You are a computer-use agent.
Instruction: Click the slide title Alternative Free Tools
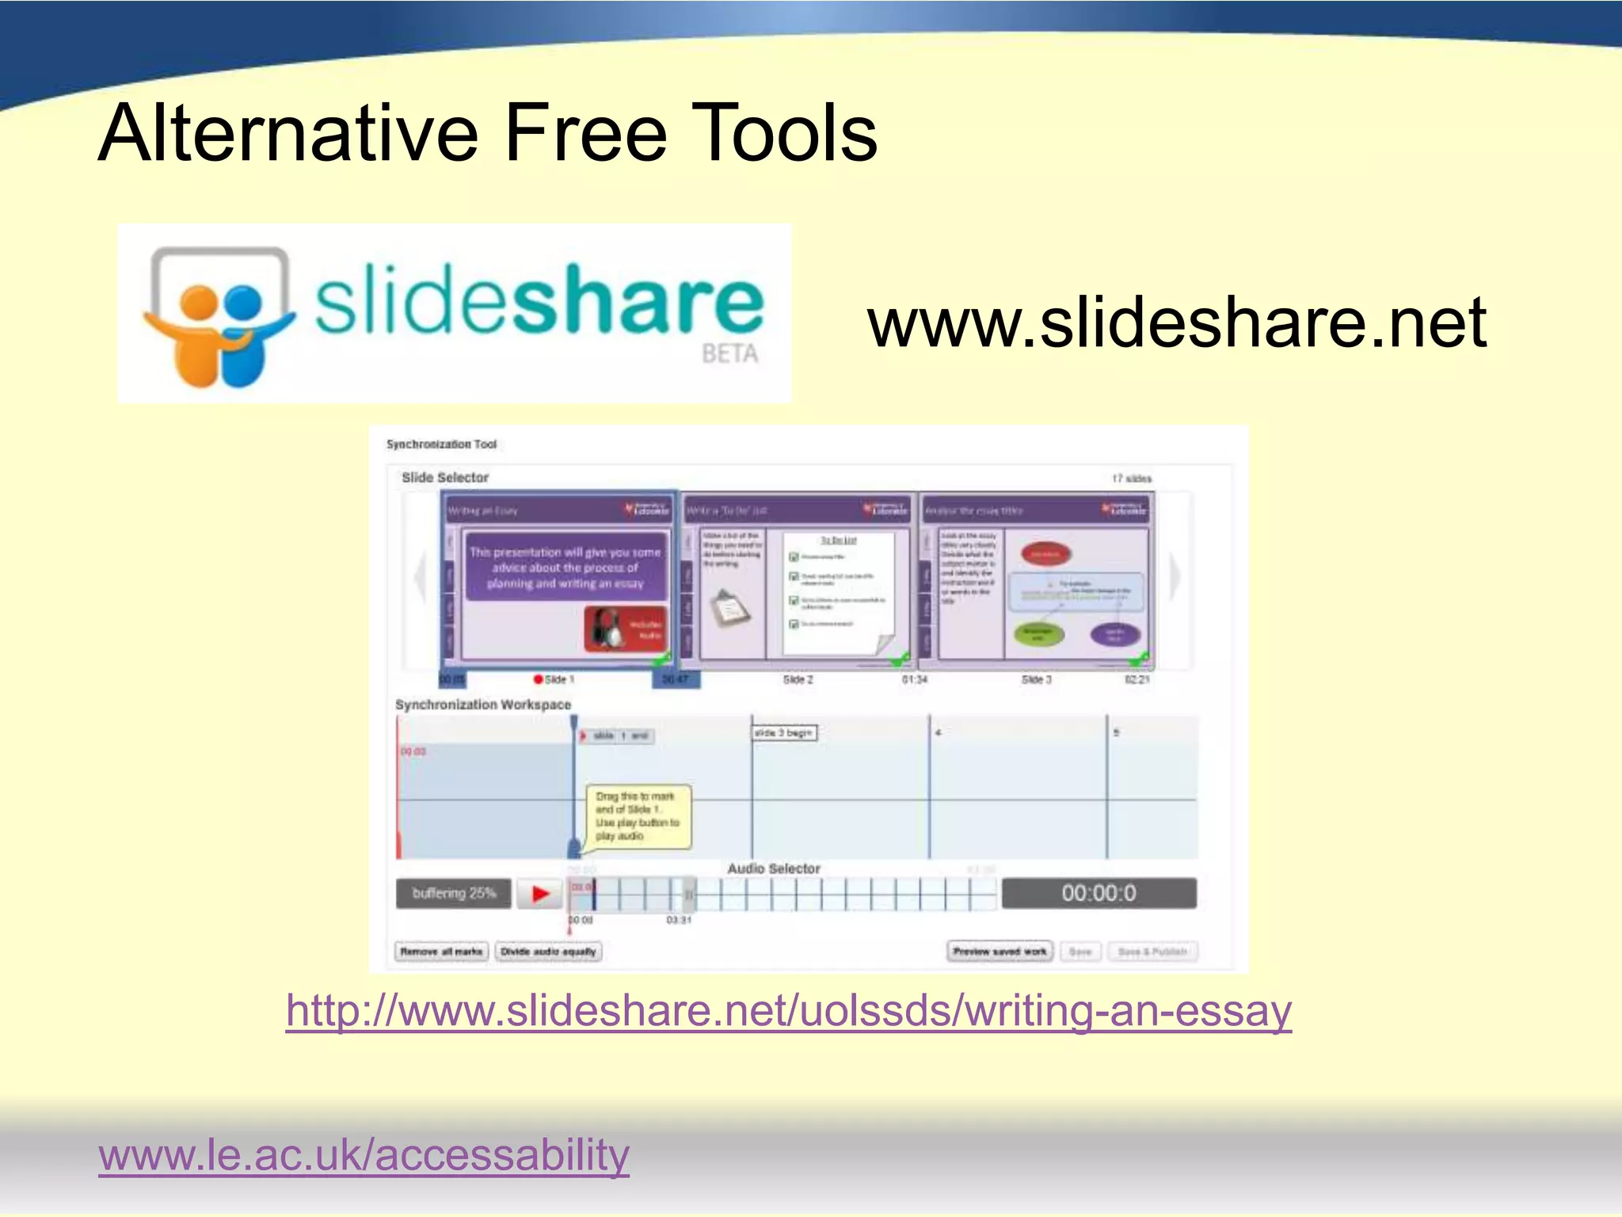[487, 133]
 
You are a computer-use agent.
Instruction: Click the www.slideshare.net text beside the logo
[1177, 322]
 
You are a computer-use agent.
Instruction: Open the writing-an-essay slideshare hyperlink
[789, 1011]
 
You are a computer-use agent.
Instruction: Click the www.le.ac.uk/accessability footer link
[364, 1154]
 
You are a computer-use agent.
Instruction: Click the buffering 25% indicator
[454, 894]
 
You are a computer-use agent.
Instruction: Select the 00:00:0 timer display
[1098, 894]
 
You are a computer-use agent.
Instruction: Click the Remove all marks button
[441, 952]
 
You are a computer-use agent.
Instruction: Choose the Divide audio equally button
[548, 952]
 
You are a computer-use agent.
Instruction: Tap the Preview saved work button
[999, 952]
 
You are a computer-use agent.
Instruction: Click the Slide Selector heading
[445, 478]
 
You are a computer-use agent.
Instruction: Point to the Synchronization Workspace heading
[483, 704]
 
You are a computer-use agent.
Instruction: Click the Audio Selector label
[774, 868]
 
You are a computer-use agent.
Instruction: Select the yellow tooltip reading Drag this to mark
[638, 816]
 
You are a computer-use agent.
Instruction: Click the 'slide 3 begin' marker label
[783, 733]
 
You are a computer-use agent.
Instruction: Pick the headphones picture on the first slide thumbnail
[607, 628]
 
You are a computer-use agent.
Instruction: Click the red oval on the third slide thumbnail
[1045, 555]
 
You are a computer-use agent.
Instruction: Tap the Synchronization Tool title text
[441, 444]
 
